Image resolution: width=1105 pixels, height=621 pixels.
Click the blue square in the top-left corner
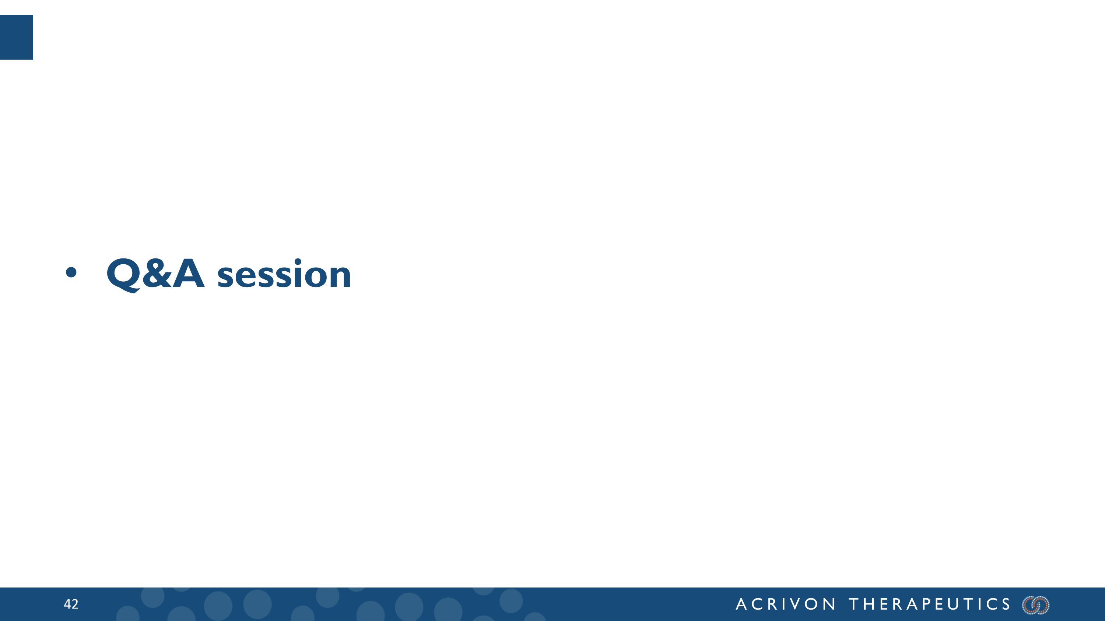click(16, 37)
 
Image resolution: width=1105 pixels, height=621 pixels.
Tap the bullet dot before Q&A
click(71, 272)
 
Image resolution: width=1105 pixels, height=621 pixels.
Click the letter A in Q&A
click(188, 274)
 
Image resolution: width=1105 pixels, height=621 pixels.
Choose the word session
click(284, 275)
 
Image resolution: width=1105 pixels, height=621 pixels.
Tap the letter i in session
click(298, 274)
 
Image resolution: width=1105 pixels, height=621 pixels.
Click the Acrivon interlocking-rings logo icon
click(1035, 605)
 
